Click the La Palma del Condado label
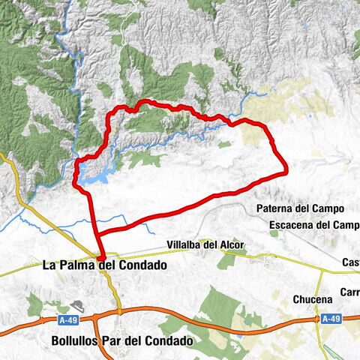pyautogui.click(x=105, y=265)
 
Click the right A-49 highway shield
pyautogui.click(x=331, y=319)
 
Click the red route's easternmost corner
pyautogui.click(x=286, y=172)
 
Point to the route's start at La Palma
pyautogui.click(x=101, y=257)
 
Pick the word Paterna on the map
pyautogui.click(x=277, y=208)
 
